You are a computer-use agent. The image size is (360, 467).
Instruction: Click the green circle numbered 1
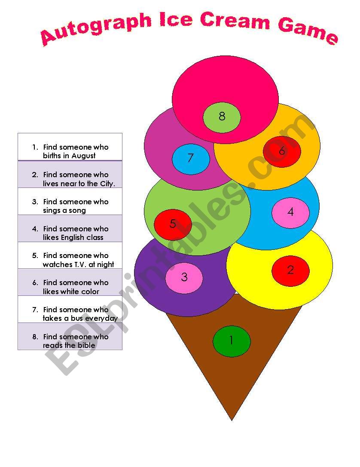[232, 341]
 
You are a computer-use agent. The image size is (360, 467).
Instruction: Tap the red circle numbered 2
[290, 270]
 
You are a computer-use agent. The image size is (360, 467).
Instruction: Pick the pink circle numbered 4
[290, 212]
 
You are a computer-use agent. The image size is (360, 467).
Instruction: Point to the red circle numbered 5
[173, 224]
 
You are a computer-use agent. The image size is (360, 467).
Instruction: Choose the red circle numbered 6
[282, 151]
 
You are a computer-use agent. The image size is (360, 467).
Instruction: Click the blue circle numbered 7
[191, 158]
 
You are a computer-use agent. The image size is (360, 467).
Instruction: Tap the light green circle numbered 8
[222, 117]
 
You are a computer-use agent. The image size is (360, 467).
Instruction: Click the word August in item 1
[83, 156]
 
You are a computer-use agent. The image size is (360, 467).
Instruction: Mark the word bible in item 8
[86, 345]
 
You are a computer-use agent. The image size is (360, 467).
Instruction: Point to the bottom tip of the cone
[232, 419]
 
